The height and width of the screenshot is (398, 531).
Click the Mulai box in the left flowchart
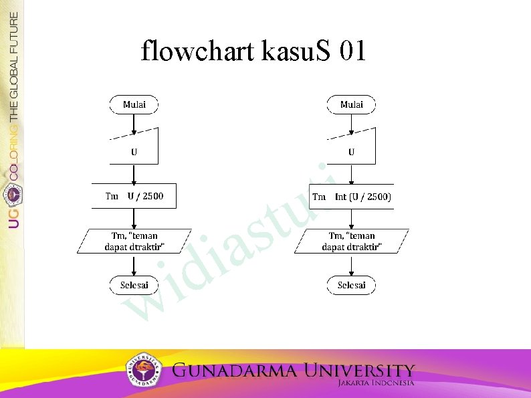tap(134, 104)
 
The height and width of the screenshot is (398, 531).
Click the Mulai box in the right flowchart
tap(351, 104)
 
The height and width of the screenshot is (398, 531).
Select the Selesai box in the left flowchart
tap(134, 285)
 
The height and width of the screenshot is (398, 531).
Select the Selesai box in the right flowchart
tap(351, 285)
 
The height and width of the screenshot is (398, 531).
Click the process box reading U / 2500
tap(134, 196)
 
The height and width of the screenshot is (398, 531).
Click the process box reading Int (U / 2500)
tap(352, 196)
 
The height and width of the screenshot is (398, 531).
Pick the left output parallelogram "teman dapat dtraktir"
tap(134, 241)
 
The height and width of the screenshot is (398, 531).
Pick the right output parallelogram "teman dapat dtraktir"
tap(352, 241)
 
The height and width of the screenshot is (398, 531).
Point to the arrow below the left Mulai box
tap(134, 123)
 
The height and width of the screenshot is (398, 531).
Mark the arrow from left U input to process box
tap(134, 174)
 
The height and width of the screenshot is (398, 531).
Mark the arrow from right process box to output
tap(352, 219)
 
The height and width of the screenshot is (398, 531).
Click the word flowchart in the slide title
tap(197, 51)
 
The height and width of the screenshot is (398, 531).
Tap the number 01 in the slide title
tap(352, 51)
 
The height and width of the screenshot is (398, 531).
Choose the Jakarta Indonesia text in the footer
tap(376, 383)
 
